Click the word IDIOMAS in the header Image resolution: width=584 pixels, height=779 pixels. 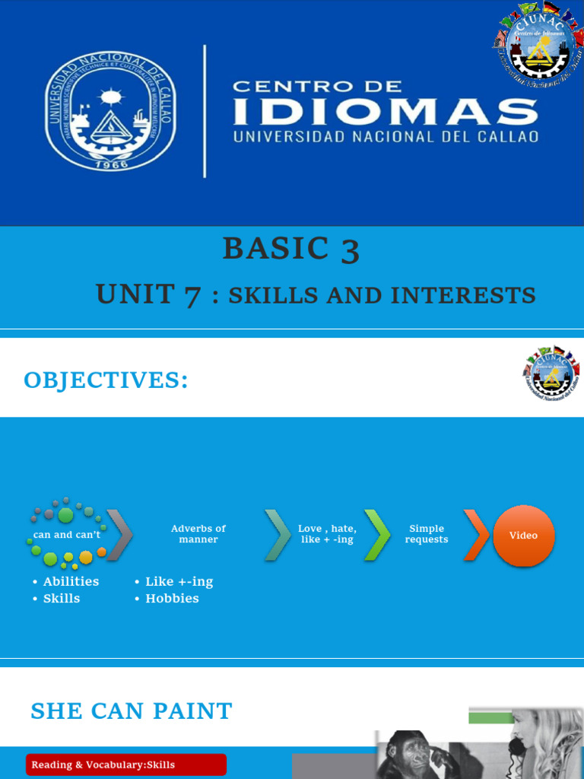[386, 113]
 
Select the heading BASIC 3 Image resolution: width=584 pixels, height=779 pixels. [290, 250]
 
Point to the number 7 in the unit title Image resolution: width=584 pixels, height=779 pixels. [192, 295]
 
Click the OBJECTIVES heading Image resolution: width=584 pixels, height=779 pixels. [106, 380]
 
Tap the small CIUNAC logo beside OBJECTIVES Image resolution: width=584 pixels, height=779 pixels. [551, 374]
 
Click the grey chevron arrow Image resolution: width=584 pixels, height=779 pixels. [120, 535]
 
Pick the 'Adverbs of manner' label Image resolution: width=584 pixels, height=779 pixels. [198, 534]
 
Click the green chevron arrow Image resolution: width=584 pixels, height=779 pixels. [377, 535]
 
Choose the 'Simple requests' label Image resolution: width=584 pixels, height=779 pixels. [427, 534]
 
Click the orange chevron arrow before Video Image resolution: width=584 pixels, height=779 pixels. [476, 535]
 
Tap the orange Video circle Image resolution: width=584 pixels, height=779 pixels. [523, 536]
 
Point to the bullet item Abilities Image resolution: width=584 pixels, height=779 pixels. [71, 581]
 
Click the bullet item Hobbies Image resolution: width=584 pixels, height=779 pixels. [172, 599]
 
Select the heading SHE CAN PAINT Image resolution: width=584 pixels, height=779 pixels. [132, 711]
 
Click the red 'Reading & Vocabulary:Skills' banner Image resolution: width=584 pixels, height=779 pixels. [126, 765]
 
